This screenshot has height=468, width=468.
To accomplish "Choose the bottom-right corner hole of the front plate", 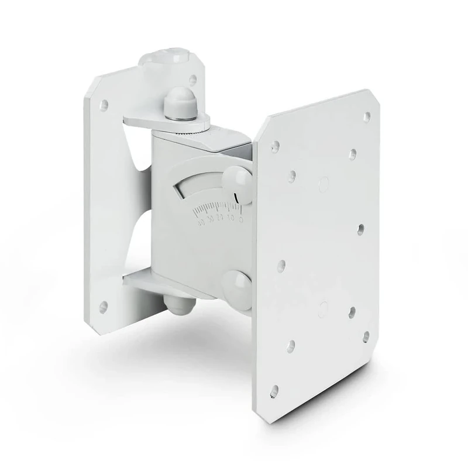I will tap(366, 335).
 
